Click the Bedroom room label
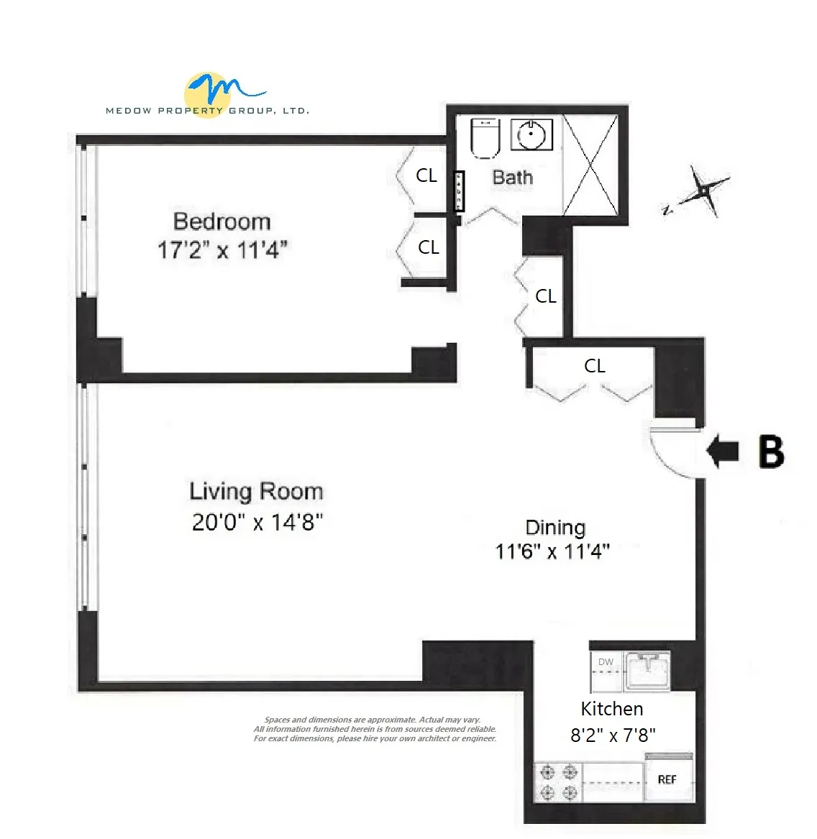click(x=222, y=221)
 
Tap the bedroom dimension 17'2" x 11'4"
click(x=222, y=250)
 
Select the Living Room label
click(x=256, y=492)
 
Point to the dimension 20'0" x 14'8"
click(x=257, y=522)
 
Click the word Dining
click(x=555, y=528)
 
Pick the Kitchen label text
click(x=612, y=709)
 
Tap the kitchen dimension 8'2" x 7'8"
click(x=613, y=735)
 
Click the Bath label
click(x=513, y=177)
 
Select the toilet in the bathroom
click(x=485, y=138)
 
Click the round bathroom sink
click(x=532, y=135)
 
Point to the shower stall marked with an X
click(x=590, y=165)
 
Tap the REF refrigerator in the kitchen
click(x=667, y=779)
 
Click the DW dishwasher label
click(x=606, y=662)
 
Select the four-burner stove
click(x=559, y=782)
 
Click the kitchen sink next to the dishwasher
click(x=647, y=670)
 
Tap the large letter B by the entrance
click(x=771, y=452)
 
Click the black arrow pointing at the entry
click(x=723, y=452)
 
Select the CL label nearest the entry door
click(x=595, y=366)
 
